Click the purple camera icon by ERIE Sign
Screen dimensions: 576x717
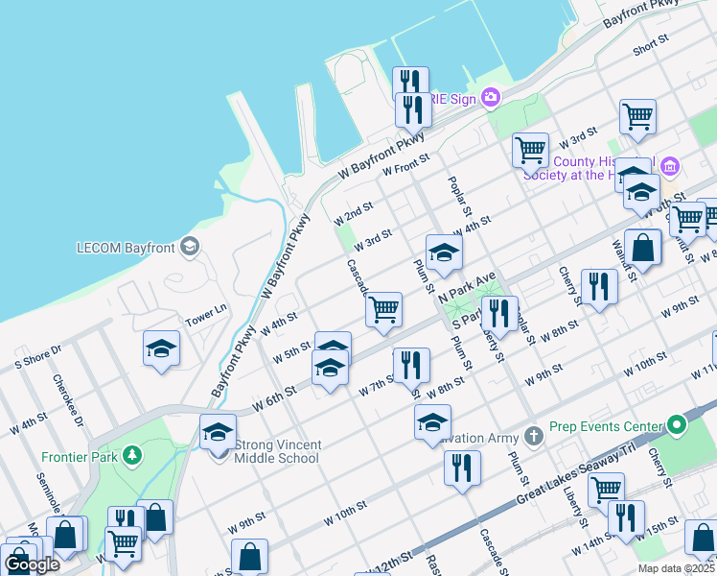[x=491, y=96]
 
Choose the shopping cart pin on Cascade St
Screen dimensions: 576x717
[x=383, y=309]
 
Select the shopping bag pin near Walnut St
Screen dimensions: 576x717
[x=643, y=248]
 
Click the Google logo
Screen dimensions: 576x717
[x=32, y=564]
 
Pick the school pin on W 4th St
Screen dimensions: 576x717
[x=444, y=252]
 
